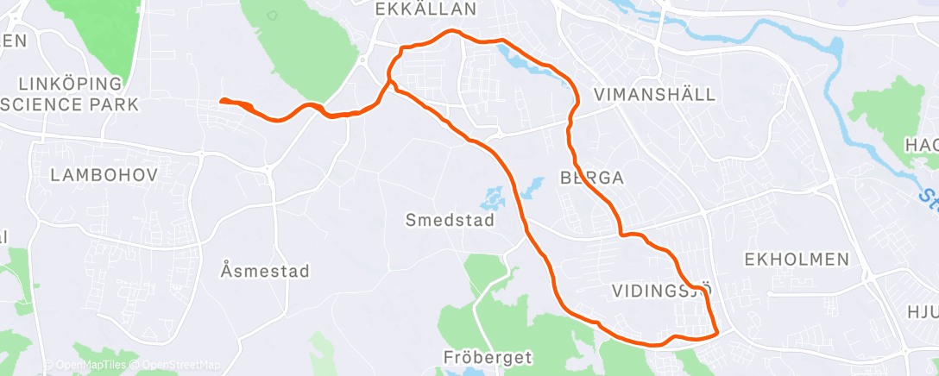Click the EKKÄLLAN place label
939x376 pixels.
426,9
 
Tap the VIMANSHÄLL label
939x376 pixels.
656,95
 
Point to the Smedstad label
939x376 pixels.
450,221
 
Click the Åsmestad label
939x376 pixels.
264,272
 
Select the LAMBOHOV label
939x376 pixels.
104,175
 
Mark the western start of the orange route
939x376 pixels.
222,101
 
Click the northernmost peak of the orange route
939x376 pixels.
450,32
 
